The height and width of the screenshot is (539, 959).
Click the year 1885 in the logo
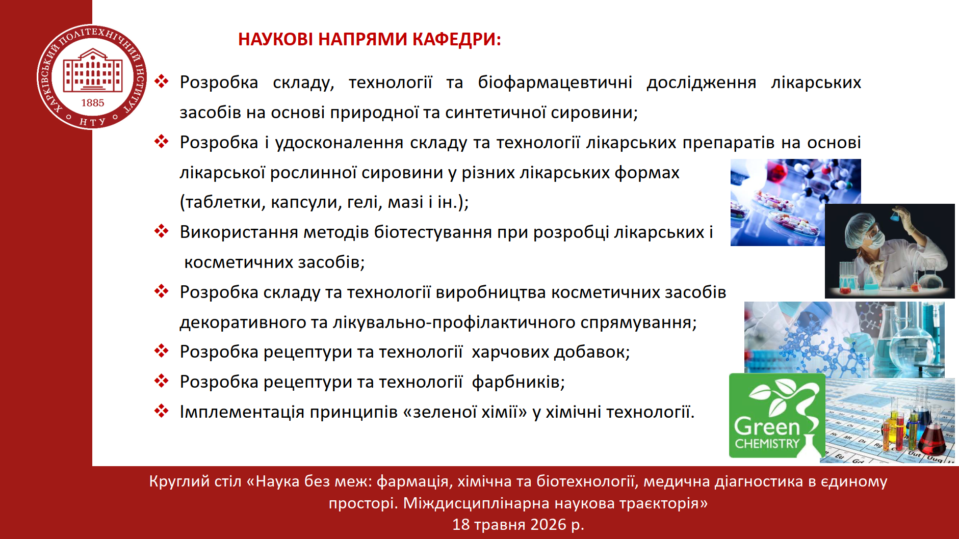click(x=93, y=103)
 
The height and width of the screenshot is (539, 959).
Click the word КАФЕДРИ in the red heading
click(x=457, y=39)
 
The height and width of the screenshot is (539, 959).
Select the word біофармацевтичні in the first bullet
click(x=555, y=83)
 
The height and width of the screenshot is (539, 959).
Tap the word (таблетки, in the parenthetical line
click(x=223, y=203)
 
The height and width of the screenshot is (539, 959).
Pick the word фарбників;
click(x=519, y=382)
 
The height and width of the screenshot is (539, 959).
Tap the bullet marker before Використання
click(x=162, y=231)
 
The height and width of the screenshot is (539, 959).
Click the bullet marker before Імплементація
click(x=162, y=411)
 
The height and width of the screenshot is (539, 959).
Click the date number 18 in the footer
click(x=461, y=524)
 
